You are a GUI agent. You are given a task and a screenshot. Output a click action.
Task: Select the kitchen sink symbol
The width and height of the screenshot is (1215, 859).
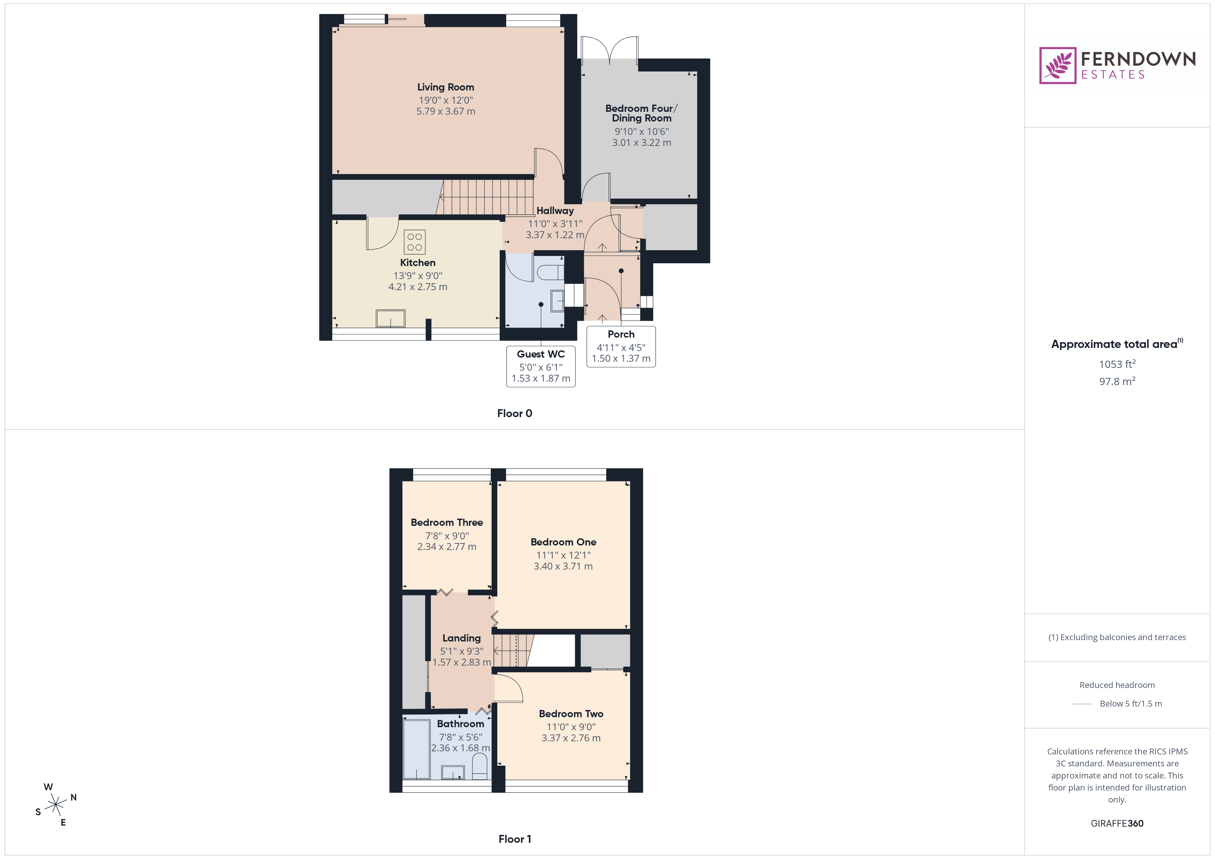tap(391, 318)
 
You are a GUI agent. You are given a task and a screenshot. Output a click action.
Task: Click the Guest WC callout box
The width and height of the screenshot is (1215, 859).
tap(540, 366)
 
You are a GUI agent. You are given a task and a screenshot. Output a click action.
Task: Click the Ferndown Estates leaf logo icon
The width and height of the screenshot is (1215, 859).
tap(1057, 66)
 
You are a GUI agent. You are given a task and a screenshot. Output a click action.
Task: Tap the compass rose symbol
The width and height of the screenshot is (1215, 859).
tap(55, 805)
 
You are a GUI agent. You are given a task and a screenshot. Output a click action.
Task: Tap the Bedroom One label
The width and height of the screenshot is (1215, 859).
tap(563, 542)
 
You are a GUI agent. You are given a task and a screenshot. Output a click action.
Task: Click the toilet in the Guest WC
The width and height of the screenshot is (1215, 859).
tap(550, 273)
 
